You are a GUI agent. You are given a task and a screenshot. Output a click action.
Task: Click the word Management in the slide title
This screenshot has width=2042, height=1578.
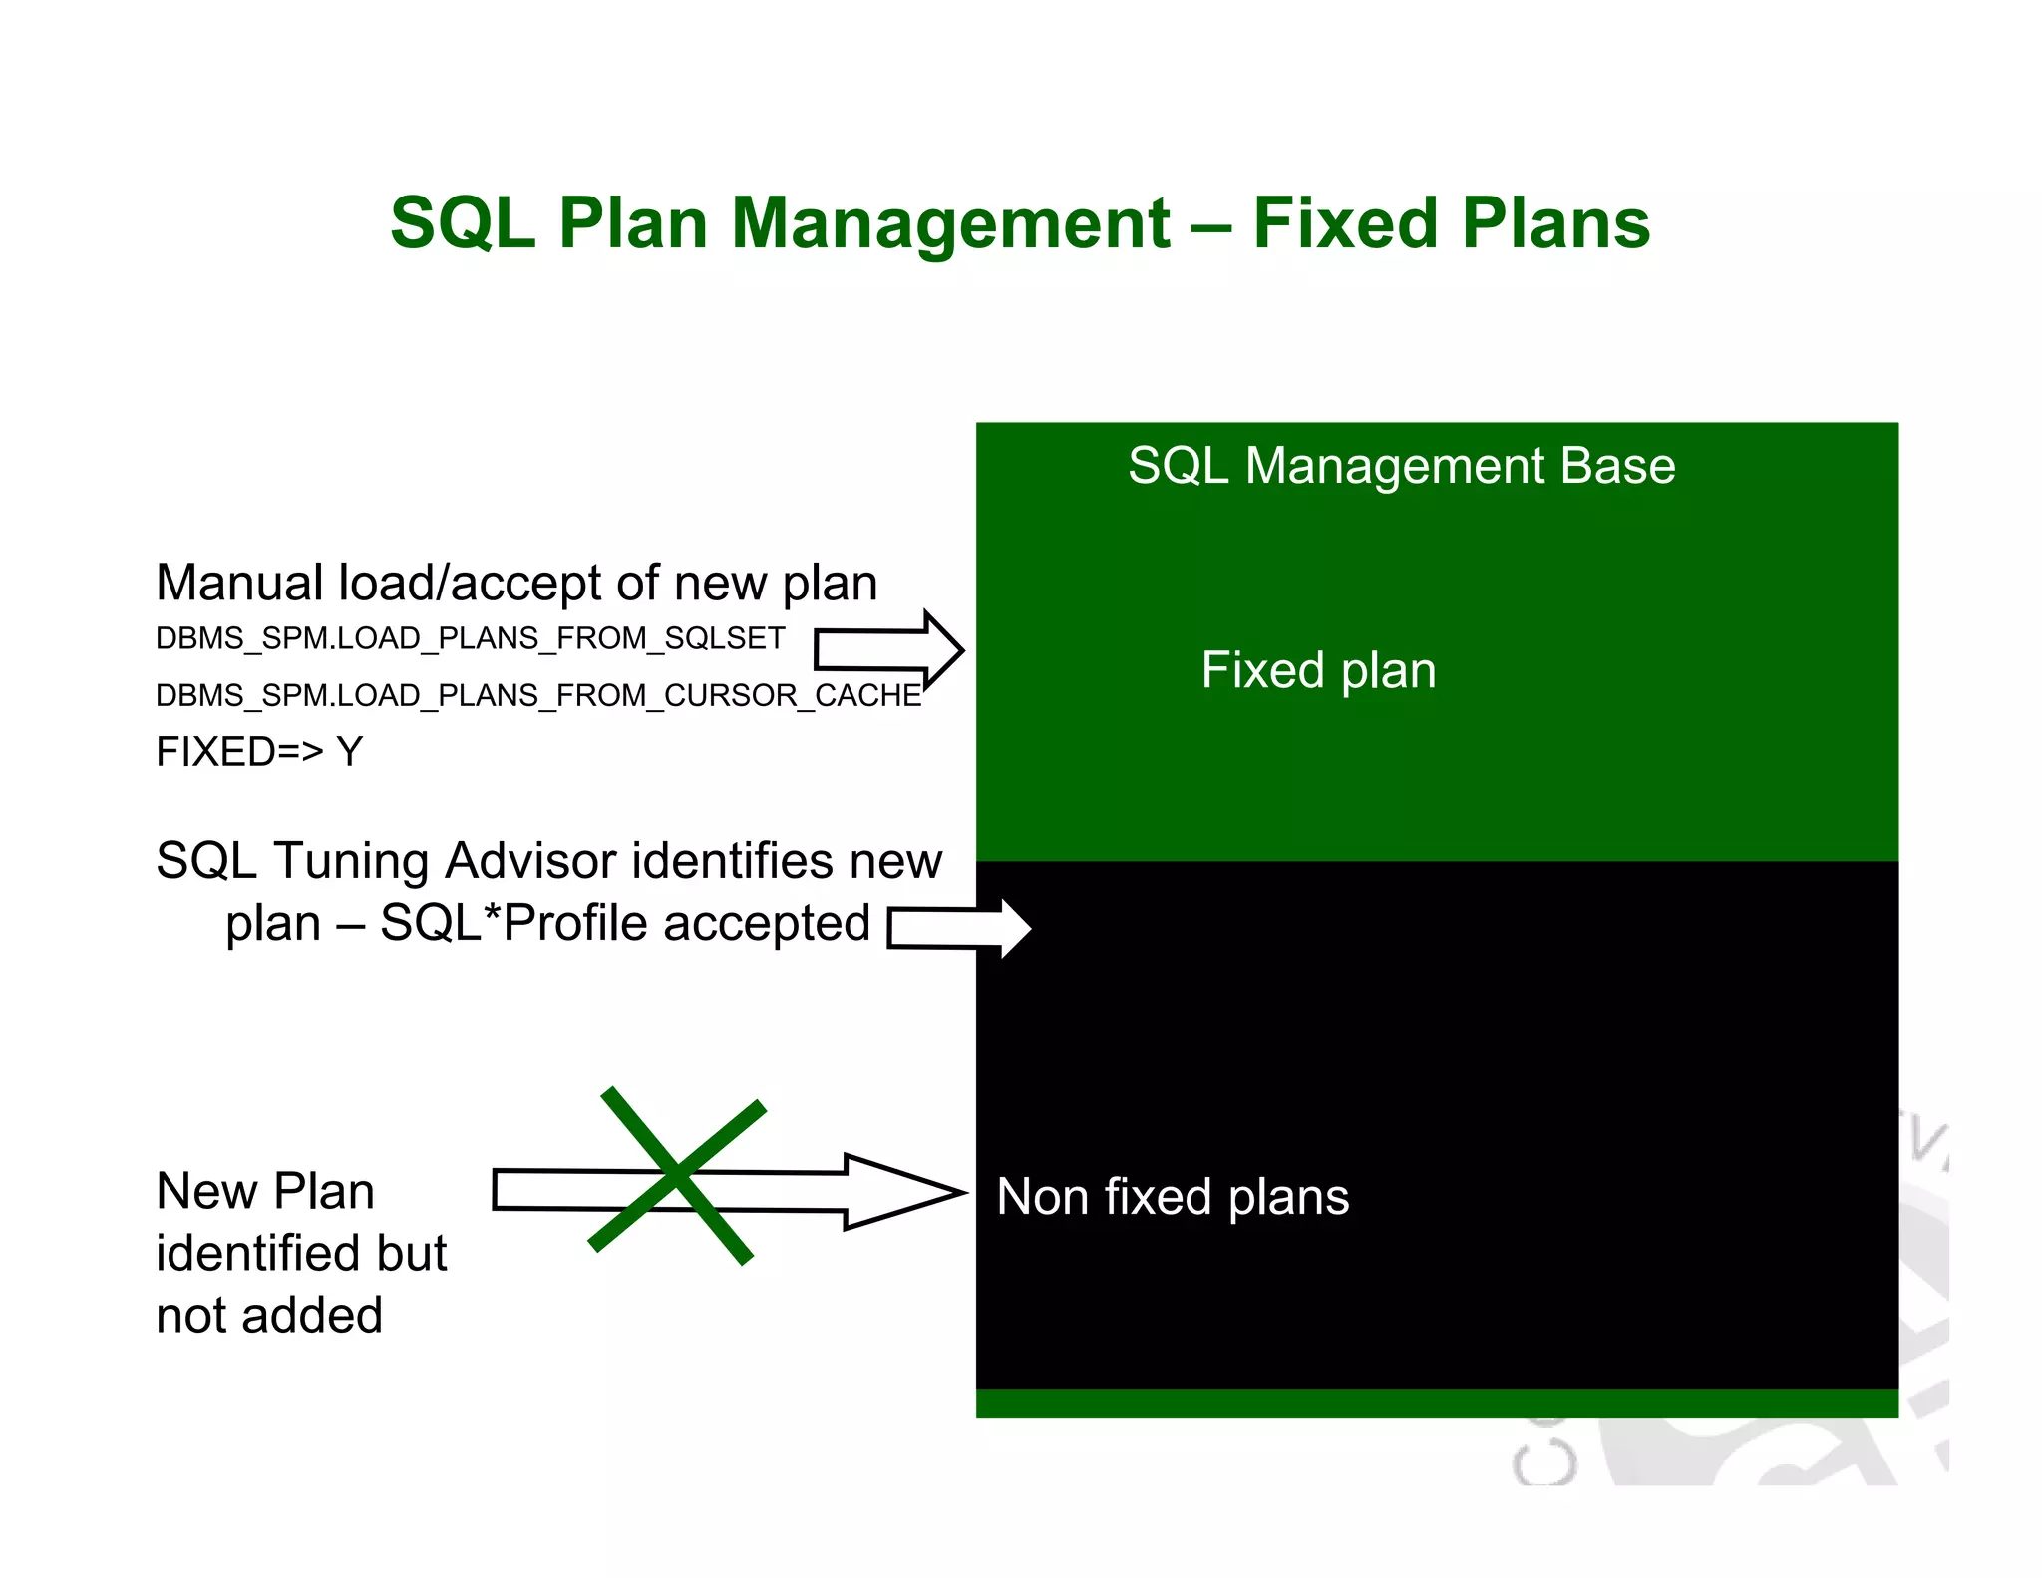[950, 223]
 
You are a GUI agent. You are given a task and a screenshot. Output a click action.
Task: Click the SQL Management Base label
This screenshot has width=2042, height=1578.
[1401, 466]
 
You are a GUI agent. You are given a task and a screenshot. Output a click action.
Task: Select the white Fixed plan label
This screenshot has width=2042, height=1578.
[1318, 670]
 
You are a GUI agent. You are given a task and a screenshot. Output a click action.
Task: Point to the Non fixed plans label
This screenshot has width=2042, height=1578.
[1173, 1197]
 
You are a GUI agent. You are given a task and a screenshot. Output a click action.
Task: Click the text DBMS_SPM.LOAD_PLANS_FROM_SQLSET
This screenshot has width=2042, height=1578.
[470, 638]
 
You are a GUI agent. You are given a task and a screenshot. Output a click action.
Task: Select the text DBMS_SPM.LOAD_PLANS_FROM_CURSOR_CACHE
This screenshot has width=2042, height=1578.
[538, 695]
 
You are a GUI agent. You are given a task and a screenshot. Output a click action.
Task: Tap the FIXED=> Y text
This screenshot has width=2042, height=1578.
[259, 752]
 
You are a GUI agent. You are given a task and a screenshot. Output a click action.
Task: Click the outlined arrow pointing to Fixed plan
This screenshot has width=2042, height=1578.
[887, 650]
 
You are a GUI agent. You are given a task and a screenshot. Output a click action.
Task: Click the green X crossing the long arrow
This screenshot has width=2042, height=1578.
[677, 1177]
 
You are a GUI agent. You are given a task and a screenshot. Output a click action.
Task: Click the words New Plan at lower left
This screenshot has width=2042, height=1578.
[265, 1191]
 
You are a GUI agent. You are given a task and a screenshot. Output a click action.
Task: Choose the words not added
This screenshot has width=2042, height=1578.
[269, 1316]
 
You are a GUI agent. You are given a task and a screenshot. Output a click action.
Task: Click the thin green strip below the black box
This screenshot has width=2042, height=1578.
[1436, 1403]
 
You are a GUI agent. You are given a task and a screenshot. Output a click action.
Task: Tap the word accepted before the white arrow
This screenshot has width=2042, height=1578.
[767, 923]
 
